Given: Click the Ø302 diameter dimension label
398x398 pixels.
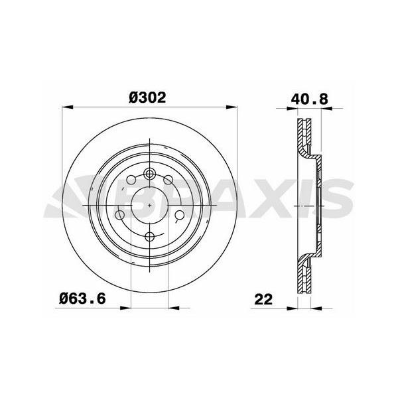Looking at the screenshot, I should (x=147, y=97).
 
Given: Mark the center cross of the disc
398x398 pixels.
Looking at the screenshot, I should (x=151, y=206).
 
